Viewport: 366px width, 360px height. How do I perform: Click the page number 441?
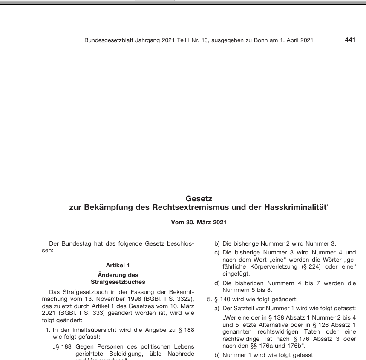350,40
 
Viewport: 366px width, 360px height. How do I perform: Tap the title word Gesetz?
199,199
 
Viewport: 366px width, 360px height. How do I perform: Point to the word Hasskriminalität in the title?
296,207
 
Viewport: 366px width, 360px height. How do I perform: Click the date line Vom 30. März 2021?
199,222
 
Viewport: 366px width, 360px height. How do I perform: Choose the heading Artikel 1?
118,265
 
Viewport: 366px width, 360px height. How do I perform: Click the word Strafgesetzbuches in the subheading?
118,282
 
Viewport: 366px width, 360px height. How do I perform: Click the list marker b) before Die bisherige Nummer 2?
217,244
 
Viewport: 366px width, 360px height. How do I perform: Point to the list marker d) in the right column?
217,283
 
